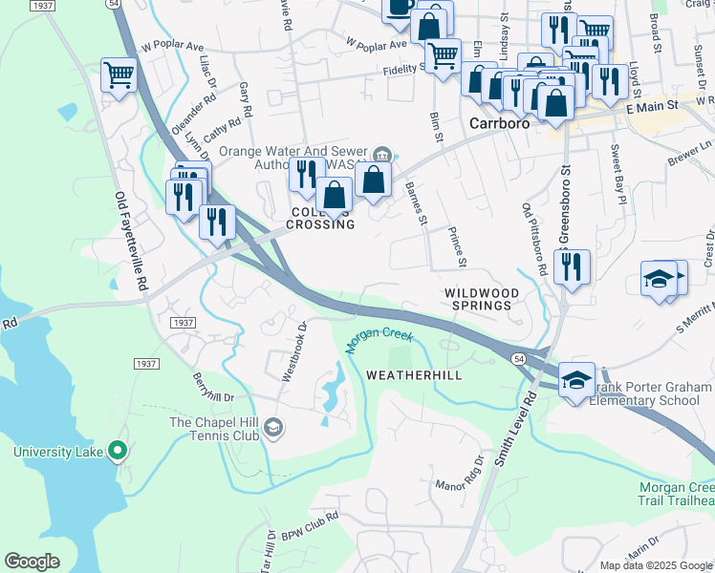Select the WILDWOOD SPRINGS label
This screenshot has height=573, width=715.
[x=482, y=300]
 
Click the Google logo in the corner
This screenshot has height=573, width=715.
[x=32, y=561]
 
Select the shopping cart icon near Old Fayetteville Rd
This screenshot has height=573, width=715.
[x=119, y=75]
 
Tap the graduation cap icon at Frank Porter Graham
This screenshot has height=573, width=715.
[x=576, y=380]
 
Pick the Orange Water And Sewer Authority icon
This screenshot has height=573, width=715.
[x=382, y=153]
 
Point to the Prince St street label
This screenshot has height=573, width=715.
[x=457, y=248]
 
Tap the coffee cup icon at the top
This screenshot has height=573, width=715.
[x=399, y=8]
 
